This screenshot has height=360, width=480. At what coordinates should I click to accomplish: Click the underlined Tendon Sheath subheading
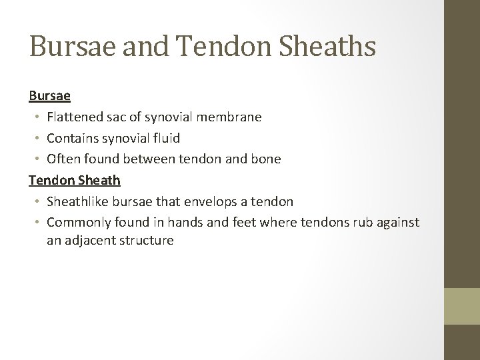pyautogui.click(x=74, y=180)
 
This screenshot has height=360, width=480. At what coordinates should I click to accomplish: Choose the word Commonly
pyautogui.click(x=77, y=222)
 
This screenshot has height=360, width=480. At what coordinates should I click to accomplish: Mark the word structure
pyautogui.click(x=147, y=241)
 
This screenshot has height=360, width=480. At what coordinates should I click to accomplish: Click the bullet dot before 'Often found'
pyautogui.click(x=37, y=159)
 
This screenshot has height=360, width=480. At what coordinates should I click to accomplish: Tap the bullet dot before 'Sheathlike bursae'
pyautogui.click(x=37, y=201)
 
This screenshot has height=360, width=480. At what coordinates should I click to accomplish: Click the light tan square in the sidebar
pyautogui.click(x=462, y=306)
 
